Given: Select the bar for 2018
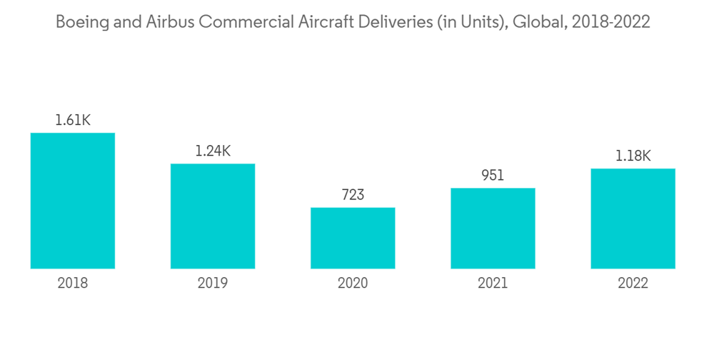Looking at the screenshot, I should coord(73,201).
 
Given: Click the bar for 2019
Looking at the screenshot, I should coord(213,216).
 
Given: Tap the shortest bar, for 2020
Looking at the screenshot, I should coord(353,238).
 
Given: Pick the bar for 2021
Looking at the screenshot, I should coord(493,229).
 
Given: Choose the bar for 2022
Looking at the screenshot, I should coord(633,219).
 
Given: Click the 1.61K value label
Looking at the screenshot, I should coord(73,120).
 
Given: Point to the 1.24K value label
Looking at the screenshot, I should coord(213,151).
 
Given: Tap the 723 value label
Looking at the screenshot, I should coord(353,194).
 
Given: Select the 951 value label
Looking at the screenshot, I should coord(493,175).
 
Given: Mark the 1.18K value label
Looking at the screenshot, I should coord(633,156).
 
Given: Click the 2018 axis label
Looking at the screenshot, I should coord(73,283).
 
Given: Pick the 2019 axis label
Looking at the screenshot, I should coord(213,283).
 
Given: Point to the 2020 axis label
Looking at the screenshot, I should coord(353,283).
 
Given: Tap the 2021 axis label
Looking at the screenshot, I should coord(493,283).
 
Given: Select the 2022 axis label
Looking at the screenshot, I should coord(633,283).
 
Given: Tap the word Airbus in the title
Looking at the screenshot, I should coord(171,22).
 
